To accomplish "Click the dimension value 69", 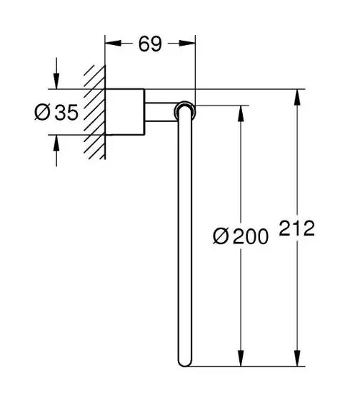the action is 150,44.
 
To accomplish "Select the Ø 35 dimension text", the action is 56,113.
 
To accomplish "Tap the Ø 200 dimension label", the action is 241,236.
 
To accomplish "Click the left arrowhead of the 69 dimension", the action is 113,43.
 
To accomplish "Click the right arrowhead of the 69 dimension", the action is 187,43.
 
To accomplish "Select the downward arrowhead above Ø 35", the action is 56,81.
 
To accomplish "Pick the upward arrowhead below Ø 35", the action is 56,143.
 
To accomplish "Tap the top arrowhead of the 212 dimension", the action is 297,97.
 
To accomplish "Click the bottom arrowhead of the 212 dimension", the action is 297,358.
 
